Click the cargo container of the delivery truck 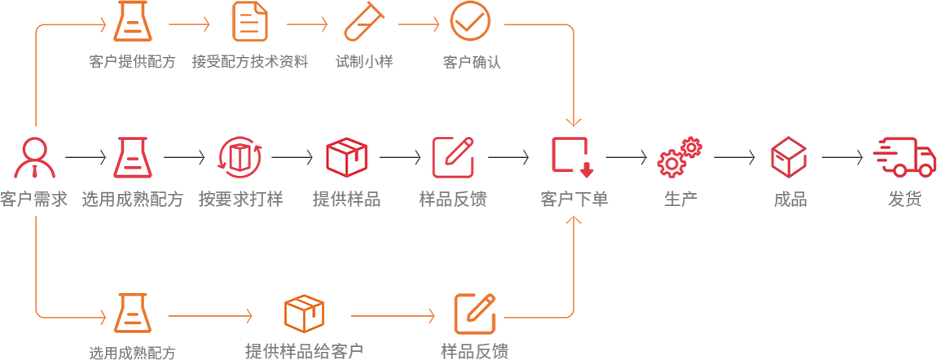click(902, 152)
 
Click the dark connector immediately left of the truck click(849, 155)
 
